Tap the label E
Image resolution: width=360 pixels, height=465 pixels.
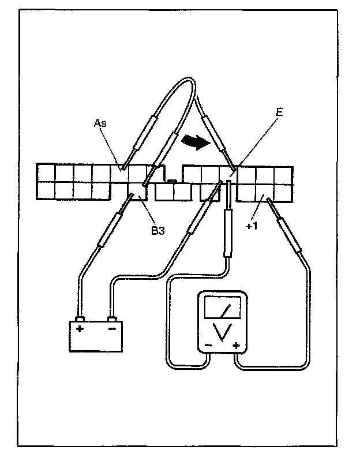(x=279, y=113)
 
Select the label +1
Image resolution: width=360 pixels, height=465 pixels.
(x=252, y=226)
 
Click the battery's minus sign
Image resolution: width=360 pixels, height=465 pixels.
(x=112, y=329)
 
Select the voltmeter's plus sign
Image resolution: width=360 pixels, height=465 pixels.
(x=236, y=346)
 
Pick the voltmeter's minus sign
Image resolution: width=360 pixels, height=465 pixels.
(x=208, y=346)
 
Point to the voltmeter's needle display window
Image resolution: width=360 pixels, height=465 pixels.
(x=223, y=306)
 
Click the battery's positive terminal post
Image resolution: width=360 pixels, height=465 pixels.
(x=80, y=318)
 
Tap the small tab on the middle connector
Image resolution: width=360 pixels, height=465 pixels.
(x=171, y=182)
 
